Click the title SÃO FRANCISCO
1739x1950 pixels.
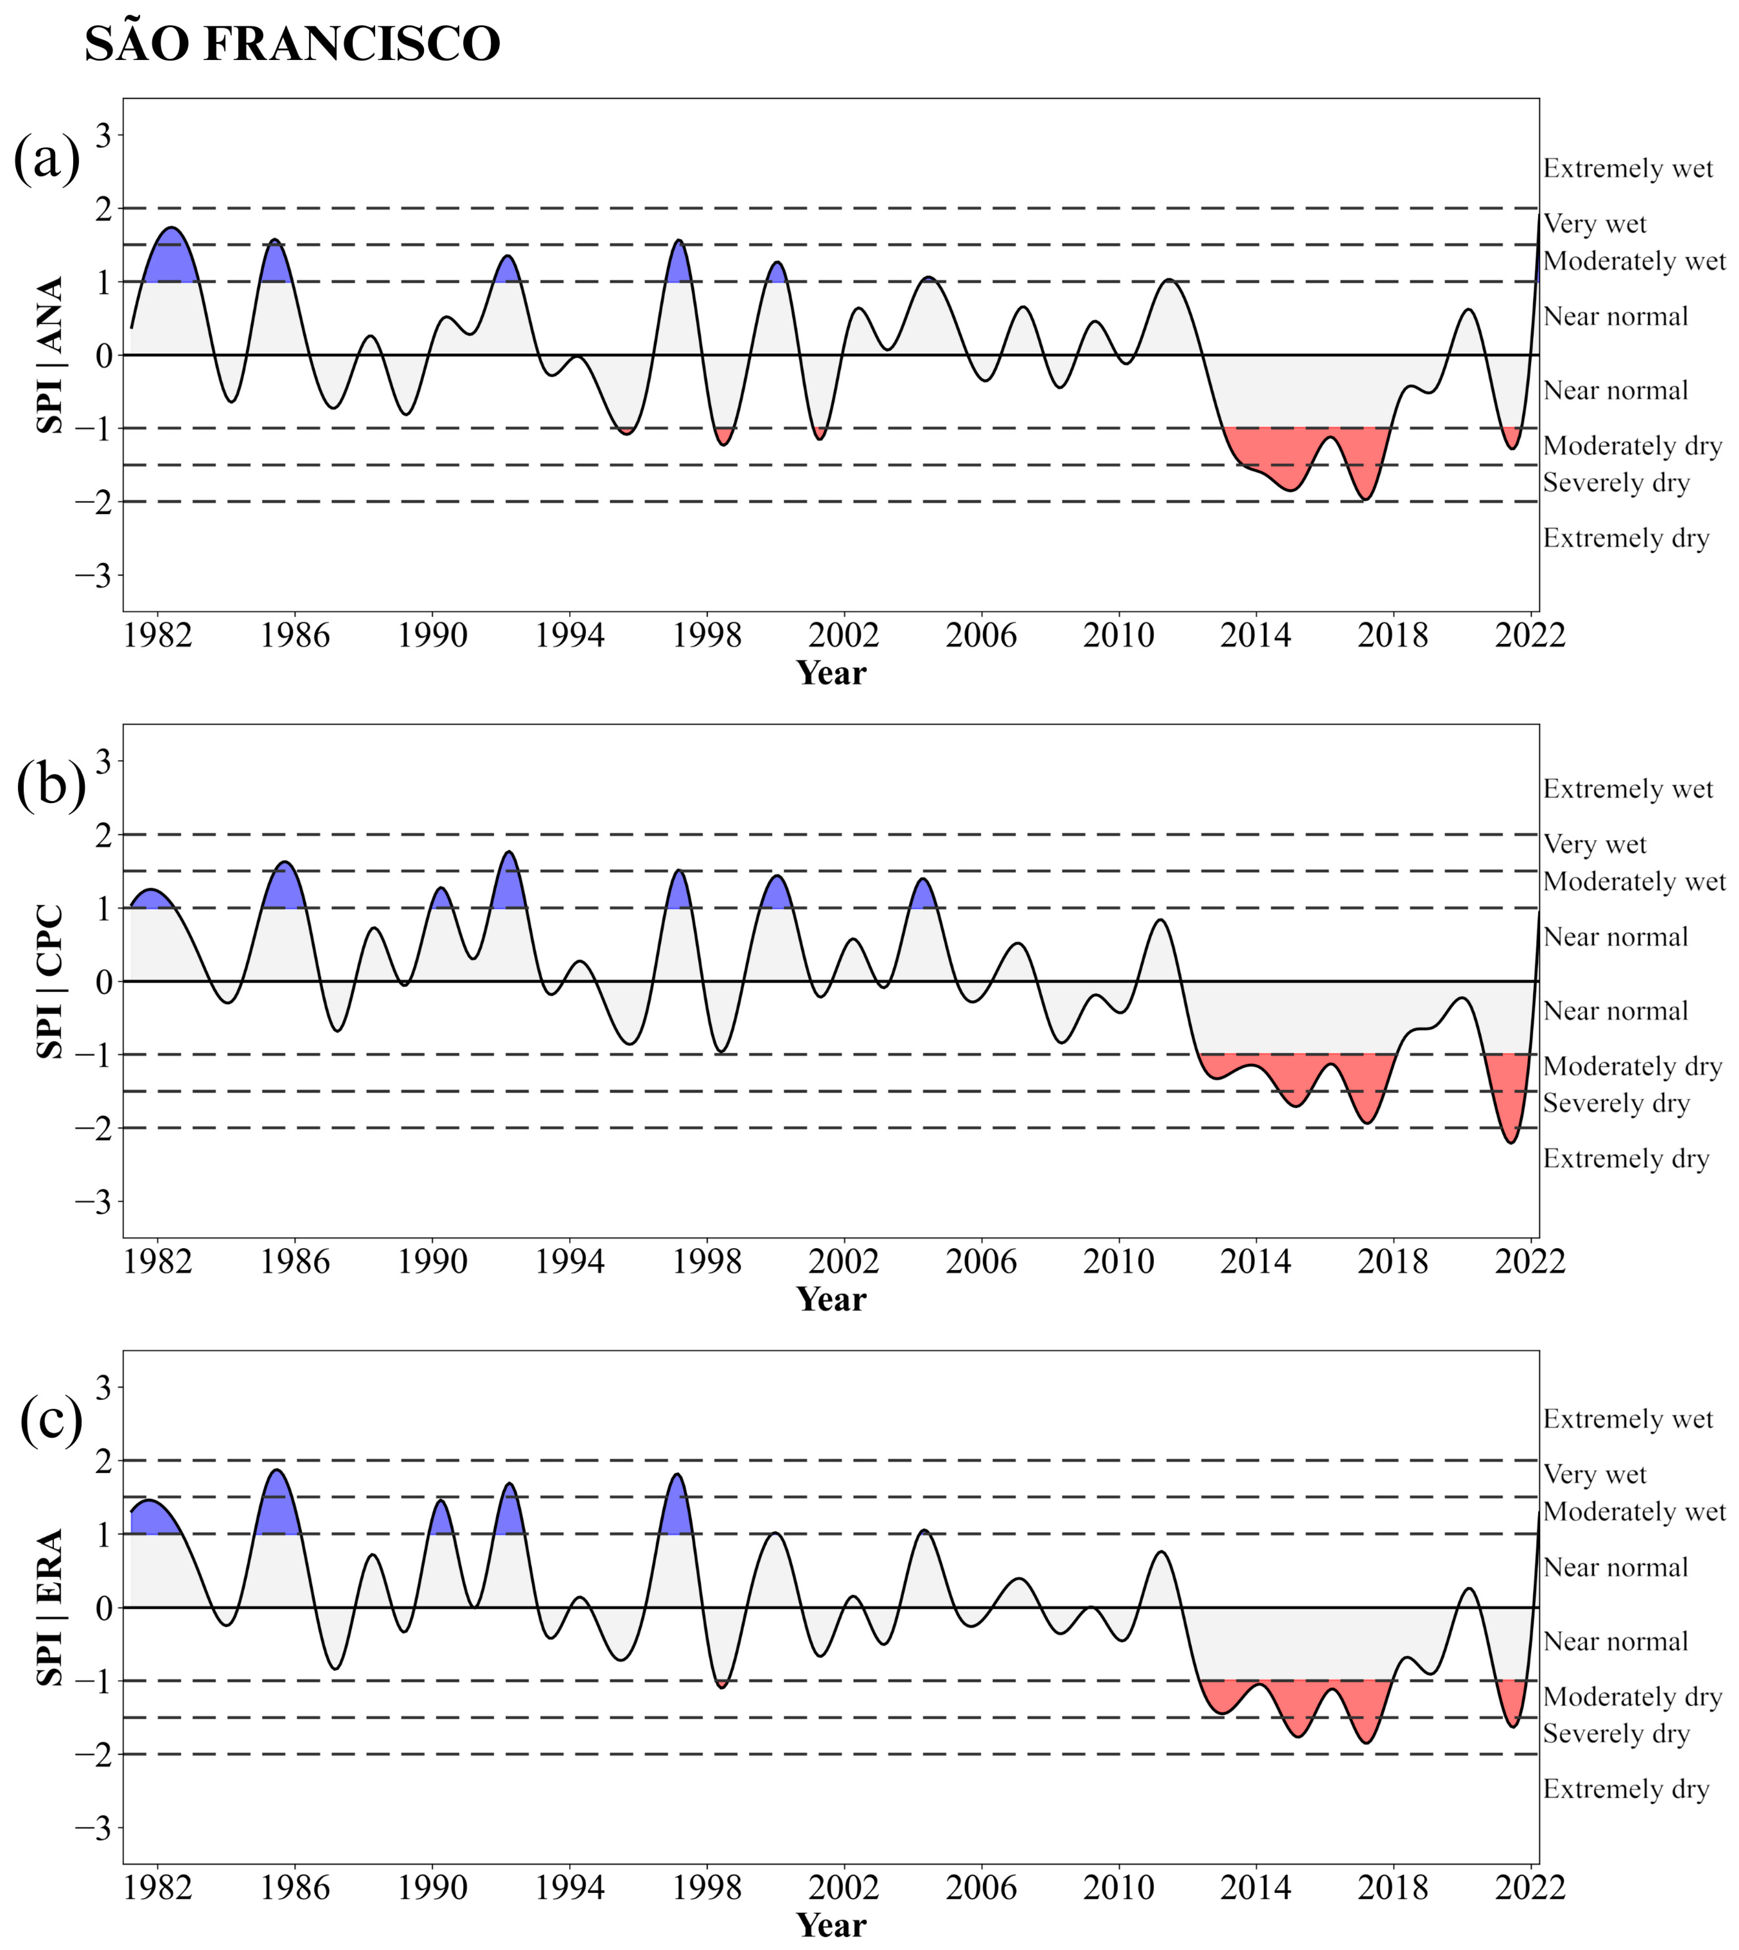point(292,44)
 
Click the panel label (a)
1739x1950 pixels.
point(46,158)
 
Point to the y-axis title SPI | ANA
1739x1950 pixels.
point(50,356)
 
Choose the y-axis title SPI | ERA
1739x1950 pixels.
point(50,1608)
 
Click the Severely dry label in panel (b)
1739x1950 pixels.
point(1616,1103)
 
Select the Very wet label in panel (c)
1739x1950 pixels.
point(1595,1475)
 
